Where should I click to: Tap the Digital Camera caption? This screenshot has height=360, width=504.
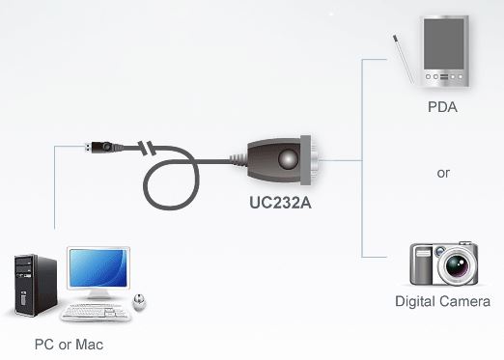tap(442, 302)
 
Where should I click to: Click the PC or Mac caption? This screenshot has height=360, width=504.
tap(69, 344)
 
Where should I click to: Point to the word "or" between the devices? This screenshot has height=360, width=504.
tap(443, 174)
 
